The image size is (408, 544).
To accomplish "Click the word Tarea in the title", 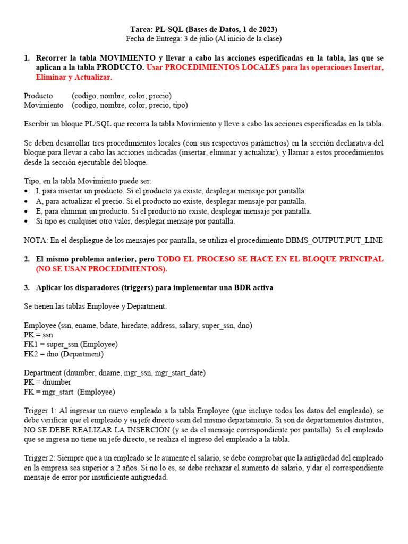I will click(141, 29).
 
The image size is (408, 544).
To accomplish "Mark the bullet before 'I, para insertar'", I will click(27, 191).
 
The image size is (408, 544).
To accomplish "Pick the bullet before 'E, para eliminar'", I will click(27, 211).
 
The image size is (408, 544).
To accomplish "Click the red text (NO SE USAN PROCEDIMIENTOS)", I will click(101, 269).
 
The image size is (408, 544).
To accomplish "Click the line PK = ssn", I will click(38, 335).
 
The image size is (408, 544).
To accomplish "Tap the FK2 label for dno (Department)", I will click(32, 354).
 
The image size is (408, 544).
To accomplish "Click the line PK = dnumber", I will click(47, 382).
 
